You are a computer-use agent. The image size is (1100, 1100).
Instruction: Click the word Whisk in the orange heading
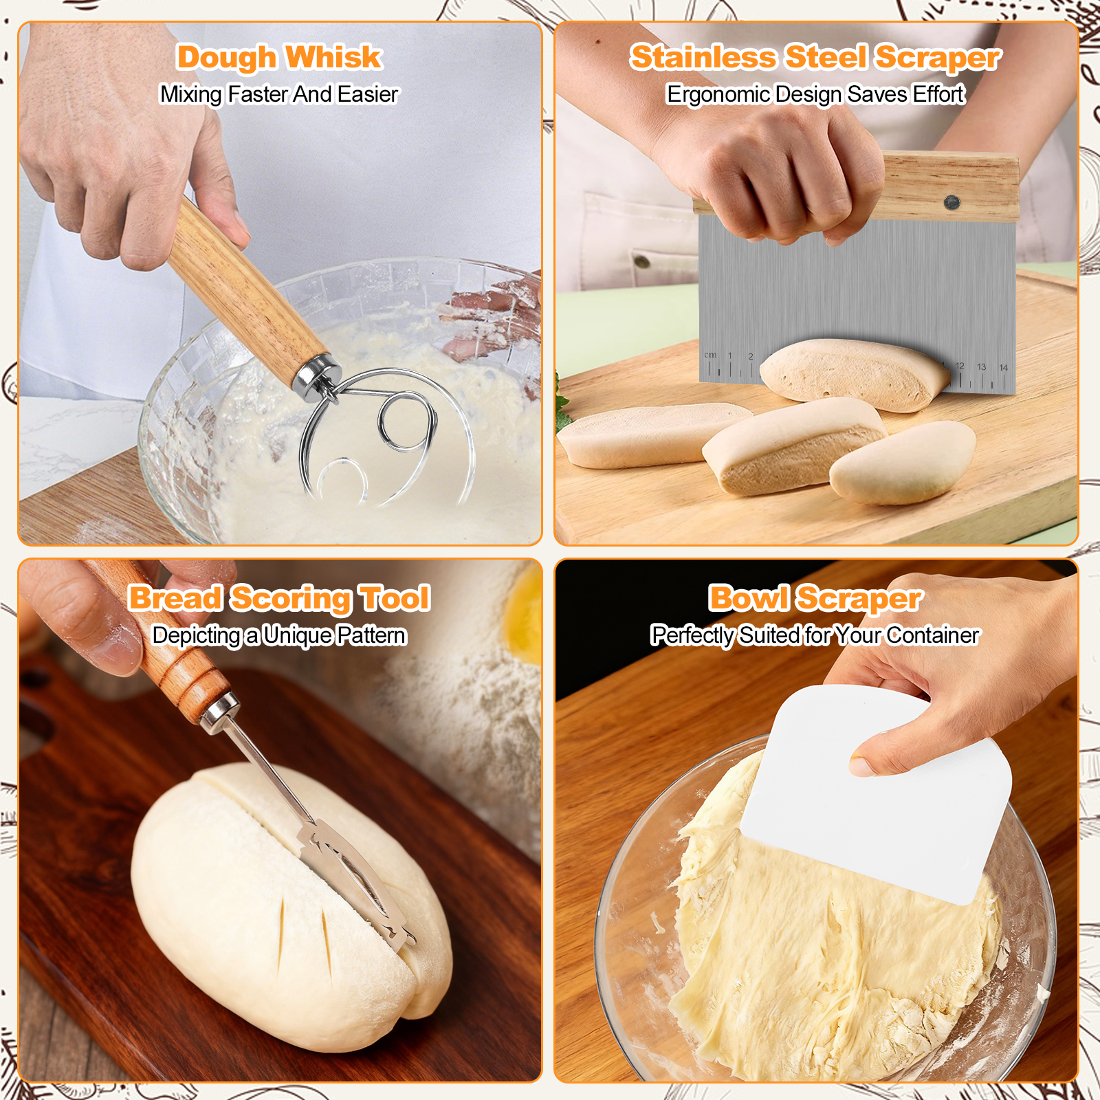[333, 57]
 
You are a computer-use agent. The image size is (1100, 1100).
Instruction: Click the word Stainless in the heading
[704, 57]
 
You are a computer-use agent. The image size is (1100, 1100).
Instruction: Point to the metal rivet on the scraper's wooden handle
[951, 202]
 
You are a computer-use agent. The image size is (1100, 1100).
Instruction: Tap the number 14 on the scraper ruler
[1003, 368]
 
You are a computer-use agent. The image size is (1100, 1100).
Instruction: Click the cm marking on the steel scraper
[710, 355]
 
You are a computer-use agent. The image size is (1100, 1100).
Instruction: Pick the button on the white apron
[641, 261]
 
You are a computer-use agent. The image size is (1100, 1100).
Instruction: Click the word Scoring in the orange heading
[291, 599]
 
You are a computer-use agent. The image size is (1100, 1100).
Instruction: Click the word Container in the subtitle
[932, 636]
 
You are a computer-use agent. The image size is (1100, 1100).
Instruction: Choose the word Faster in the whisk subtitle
[257, 95]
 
